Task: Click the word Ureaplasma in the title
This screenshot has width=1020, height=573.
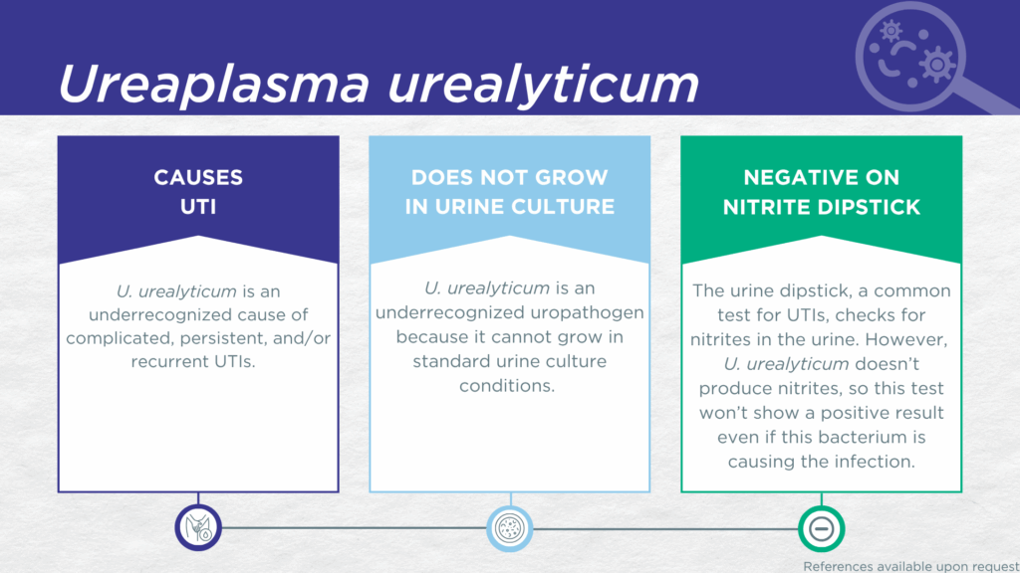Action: click(214, 85)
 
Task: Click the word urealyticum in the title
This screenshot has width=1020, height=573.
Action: click(543, 85)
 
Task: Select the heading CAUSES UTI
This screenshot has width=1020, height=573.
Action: click(198, 192)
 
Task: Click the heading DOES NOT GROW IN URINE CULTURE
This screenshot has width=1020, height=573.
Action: click(510, 192)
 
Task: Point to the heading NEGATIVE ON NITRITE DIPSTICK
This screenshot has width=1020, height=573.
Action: click(822, 192)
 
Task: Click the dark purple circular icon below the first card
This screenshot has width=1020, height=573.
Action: click(198, 527)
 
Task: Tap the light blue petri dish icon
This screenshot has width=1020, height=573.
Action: click(510, 527)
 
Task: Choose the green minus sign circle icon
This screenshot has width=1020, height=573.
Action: click(822, 529)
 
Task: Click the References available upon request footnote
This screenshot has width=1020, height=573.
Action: click(911, 566)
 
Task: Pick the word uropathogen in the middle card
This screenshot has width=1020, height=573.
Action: click(588, 313)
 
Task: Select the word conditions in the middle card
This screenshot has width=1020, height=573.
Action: click(507, 386)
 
